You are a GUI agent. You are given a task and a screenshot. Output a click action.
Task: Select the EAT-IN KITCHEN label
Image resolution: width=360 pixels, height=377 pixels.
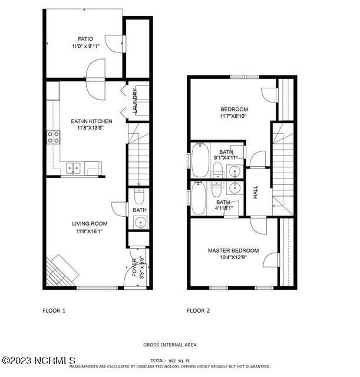point(88,121)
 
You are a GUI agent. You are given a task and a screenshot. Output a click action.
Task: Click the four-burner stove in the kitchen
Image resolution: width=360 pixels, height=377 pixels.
point(54,137)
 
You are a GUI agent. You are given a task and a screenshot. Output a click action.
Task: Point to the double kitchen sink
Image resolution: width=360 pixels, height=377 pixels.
point(74,168)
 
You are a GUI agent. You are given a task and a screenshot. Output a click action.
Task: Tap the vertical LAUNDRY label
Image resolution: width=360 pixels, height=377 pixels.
point(135,101)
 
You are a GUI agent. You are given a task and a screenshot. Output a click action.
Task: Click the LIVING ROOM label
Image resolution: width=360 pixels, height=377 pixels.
point(90,223)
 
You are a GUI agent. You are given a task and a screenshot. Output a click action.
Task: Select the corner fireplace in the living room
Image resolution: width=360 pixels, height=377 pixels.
point(61,270)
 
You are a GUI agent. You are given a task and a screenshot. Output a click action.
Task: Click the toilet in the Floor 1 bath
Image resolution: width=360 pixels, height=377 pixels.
point(139,197)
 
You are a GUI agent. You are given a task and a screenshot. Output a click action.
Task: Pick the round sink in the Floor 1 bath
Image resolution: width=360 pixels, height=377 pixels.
point(140,222)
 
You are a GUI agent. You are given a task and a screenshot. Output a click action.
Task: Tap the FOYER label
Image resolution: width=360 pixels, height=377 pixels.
point(134,267)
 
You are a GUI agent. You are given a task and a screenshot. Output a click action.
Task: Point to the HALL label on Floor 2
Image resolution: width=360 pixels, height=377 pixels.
point(256,191)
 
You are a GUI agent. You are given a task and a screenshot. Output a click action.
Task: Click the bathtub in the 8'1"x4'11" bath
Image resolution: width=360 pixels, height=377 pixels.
point(200,160)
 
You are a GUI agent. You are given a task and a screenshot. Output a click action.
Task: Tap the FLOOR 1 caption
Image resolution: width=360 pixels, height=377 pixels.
point(54,310)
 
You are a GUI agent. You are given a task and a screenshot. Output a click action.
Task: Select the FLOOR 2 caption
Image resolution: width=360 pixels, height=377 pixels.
point(199,310)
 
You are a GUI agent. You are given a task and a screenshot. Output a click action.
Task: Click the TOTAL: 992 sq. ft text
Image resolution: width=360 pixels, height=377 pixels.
point(170,359)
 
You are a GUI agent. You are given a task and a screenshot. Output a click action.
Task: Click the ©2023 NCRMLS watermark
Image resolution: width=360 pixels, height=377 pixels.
point(39,360)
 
